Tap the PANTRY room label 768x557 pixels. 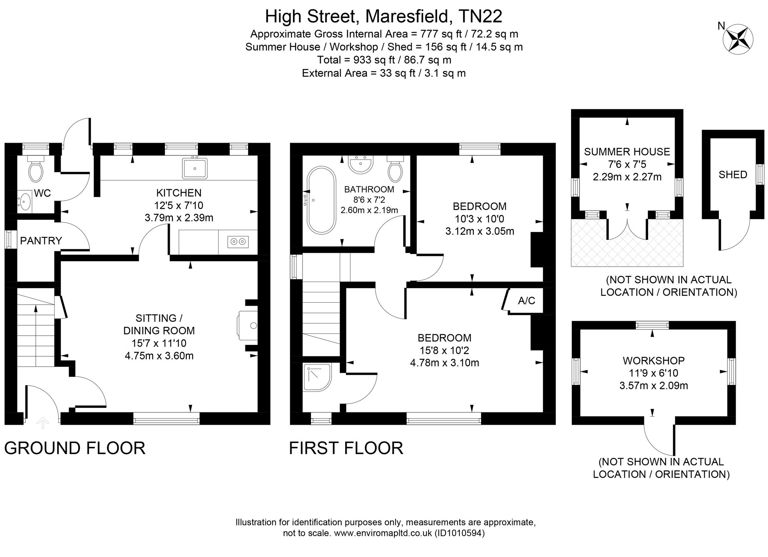point(41,241)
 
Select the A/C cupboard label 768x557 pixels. point(526,301)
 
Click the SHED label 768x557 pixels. point(733,175)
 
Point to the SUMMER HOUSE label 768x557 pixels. point(627,152)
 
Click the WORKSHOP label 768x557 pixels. point(654,361)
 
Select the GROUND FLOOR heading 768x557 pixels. point(75,448)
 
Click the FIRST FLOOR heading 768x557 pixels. point(346,448)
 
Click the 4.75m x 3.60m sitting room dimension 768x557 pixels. point(159,356)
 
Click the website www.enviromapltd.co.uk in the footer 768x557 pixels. point(383,533)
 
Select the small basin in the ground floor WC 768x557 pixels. point(25,201)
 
